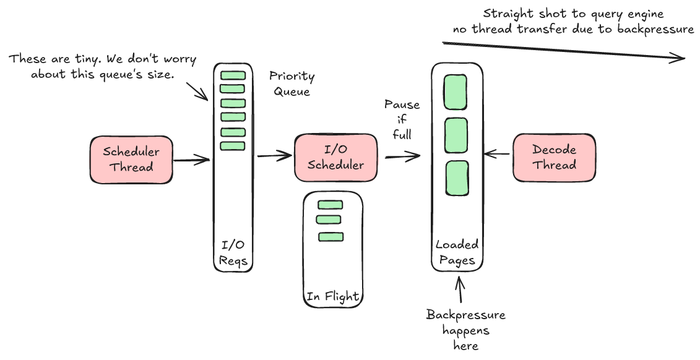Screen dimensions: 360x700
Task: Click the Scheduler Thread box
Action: (x=131, y=160)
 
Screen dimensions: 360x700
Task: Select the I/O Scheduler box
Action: (x=335, y=158)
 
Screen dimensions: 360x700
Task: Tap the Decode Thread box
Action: (x=554, y=158)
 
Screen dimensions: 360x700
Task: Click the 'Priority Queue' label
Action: (x=292, y=84)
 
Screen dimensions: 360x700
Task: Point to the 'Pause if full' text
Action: (x=402, y=119)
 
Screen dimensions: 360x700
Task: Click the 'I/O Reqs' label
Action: (x=233, y=252)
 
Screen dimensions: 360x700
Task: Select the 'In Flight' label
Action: (x=332, y=296)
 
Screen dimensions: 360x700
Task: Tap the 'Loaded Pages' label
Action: (x=457, y=252)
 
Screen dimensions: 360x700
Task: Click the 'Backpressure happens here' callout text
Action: (x=465, y=330)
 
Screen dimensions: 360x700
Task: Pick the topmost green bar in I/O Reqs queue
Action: (x=233, y=75)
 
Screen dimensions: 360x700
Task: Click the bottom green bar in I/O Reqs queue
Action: (x=233, y=146)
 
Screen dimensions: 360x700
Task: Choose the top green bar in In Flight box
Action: (x=330, y=205)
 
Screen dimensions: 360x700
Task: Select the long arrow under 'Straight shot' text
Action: (x=563, y=51)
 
